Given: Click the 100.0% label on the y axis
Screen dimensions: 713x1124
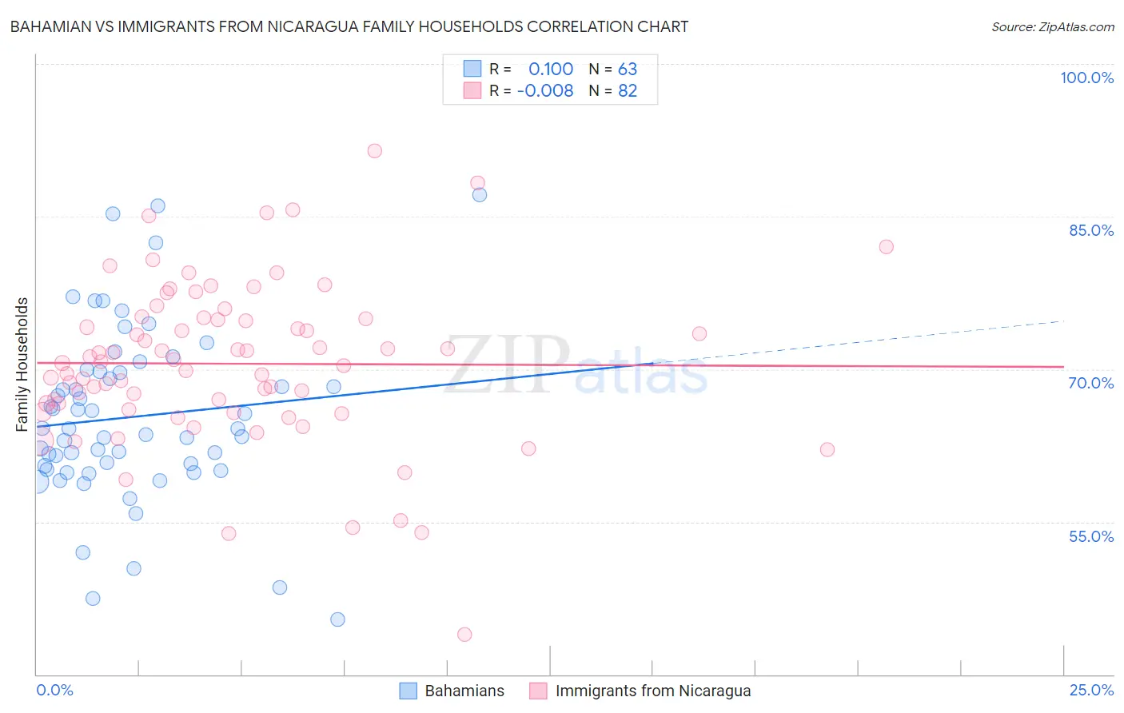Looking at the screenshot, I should (1086, 78).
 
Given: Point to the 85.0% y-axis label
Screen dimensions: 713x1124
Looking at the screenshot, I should (1090, 230).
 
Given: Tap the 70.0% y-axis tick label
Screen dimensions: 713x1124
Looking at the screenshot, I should (1090, 383).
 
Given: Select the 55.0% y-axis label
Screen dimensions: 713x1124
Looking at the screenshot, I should (1090, 536).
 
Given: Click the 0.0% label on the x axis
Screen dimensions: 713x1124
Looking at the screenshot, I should (54, 690).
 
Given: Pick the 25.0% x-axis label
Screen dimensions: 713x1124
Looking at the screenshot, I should (1091, 690).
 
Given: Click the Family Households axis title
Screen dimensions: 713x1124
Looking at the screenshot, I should (22, 364).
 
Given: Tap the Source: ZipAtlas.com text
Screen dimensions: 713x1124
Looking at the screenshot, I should (1052, 27).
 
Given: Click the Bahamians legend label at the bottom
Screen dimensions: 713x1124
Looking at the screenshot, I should (464, 691).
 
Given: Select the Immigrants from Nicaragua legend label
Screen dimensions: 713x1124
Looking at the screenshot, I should (653, 691).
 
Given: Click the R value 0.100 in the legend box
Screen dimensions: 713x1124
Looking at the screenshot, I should (551, 70).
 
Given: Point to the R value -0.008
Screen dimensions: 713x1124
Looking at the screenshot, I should (545, 91).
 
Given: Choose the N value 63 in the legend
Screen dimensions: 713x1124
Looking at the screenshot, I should (628, 70).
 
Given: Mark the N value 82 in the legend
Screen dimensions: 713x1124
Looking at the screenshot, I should (628, 91).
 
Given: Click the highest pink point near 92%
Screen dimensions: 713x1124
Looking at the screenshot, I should (374, 151).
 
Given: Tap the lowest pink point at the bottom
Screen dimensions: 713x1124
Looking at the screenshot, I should (464, 635).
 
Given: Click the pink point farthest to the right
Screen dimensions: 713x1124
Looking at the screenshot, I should (886, 247).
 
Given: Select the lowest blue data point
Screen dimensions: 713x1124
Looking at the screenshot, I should (337, 619).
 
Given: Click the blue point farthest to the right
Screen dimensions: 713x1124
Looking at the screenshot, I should (480, 195).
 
